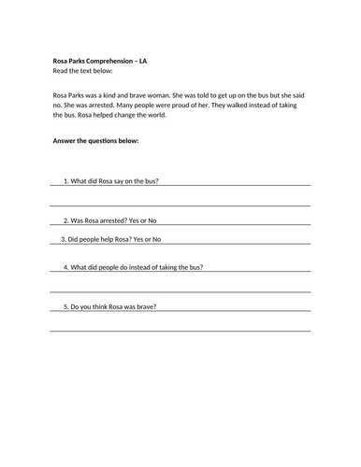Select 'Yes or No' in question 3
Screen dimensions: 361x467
[x=145, y=239]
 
